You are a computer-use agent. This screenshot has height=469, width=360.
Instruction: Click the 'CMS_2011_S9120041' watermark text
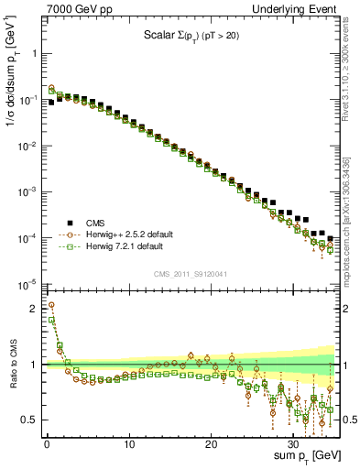[190, 273]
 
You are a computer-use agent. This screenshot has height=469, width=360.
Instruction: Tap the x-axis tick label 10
[129, 442]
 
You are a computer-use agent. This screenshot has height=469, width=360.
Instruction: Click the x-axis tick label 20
[212, 442]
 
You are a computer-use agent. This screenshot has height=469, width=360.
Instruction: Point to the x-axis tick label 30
[294, 442]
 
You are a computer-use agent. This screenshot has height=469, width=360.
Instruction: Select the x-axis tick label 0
[46, 442]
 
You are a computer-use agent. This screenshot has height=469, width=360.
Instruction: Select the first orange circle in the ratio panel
[50, 305]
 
